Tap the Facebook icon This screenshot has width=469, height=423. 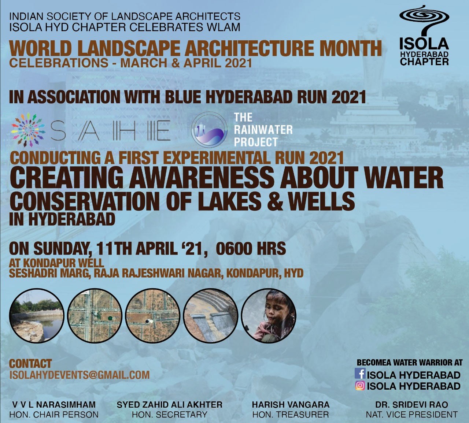click(360, 373)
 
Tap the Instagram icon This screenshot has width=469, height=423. click(360, 386)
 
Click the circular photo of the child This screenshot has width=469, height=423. click(269, 316)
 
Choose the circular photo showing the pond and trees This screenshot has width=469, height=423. click(37, 316)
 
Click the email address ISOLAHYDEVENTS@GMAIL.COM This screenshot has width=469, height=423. click(79, 375)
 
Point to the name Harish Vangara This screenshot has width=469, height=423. click(291, 404)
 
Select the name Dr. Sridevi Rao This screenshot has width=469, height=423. click(412, 404)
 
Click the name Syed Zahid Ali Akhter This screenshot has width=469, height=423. click(170, 404)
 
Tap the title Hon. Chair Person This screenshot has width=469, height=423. click(54, 415)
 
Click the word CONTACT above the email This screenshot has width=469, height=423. click(30, 364)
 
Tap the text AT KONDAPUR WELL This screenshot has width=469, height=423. click(56, 263)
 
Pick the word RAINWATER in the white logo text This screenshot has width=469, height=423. click(263, 130)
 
